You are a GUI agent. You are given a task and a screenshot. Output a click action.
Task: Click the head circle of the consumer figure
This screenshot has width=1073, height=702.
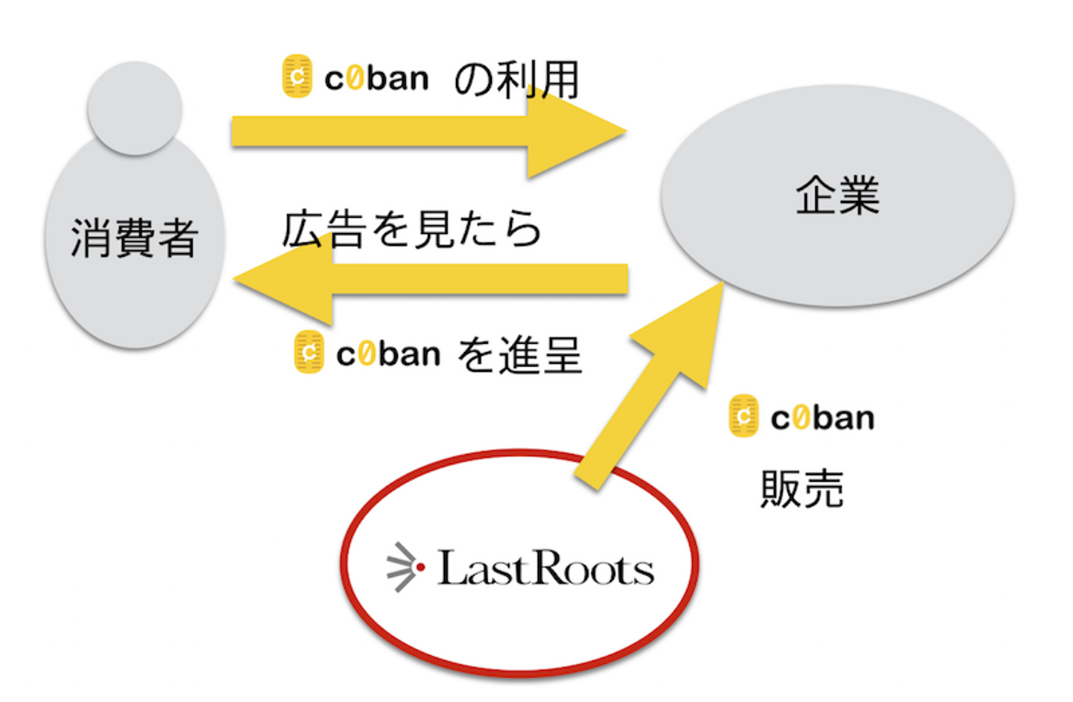click(135, 109)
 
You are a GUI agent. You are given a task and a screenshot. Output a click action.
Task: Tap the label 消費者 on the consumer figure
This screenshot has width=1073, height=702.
click(134, 238)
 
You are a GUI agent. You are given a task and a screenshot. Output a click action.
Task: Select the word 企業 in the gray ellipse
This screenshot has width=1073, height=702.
click(838, 196)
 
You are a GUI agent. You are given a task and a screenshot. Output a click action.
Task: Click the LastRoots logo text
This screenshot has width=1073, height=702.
click(545, 569)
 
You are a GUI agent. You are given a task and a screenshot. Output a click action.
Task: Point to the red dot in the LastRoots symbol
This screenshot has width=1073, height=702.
click(420, 567)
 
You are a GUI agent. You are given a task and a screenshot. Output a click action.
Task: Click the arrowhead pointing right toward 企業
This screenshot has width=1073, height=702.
click(574, 132)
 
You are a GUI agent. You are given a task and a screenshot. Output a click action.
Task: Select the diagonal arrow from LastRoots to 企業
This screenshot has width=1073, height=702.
click(656, 387)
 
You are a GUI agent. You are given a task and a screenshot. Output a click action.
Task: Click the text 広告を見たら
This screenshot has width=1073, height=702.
click(411, 229)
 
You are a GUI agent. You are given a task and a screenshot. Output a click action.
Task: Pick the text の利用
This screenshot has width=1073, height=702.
click(516, 80)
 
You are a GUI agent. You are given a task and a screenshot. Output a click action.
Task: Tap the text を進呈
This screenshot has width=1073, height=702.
click(519, 354)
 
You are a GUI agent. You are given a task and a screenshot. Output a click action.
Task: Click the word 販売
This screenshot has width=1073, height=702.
click(802, 489)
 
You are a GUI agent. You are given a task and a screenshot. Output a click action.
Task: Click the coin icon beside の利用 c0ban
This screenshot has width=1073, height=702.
click(297, 77)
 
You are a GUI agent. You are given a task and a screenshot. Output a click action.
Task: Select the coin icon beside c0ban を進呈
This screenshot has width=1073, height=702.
click(308, 352)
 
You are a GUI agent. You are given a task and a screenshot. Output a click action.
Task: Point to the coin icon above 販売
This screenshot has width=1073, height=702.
click(744, 416)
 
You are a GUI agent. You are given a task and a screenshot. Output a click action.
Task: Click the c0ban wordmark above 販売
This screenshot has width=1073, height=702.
click(823, 418)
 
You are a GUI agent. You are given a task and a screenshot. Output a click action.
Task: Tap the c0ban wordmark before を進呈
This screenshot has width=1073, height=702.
click(388, 354)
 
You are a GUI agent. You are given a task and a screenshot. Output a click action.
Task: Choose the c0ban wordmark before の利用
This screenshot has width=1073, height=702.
click(377, 78)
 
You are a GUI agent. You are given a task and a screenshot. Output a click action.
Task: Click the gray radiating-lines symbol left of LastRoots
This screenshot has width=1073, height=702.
click(401, 567)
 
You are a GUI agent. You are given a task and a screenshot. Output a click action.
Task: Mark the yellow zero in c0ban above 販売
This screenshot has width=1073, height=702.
click(800, 418)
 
